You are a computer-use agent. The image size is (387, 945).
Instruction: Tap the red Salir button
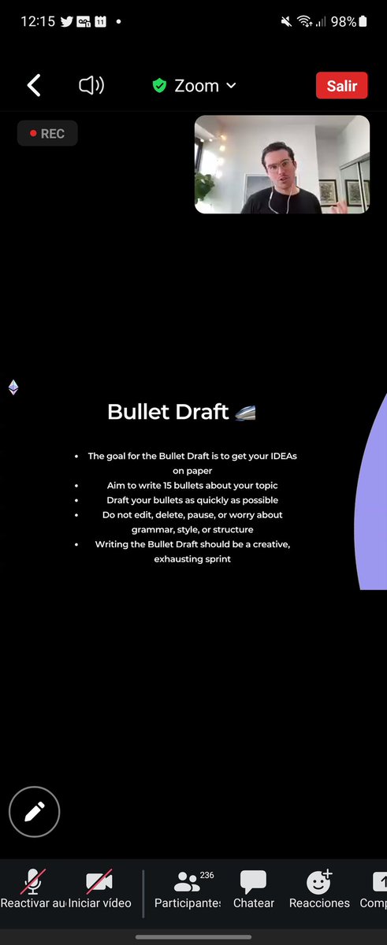[341, 86]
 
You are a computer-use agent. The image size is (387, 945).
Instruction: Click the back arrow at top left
[34, 86]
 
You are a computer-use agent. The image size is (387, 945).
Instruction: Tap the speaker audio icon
[91, 86]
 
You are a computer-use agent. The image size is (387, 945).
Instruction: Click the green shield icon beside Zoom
[159, 86]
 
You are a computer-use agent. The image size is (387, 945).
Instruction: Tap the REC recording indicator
[47, 134]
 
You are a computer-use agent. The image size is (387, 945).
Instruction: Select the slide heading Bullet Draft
[167, 411]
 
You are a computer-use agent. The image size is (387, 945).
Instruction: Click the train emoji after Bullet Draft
[245, 412]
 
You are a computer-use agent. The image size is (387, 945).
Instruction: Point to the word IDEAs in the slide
[279, 456]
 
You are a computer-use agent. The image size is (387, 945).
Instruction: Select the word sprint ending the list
[215, 559]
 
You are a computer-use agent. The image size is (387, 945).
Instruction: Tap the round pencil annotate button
[35, 811]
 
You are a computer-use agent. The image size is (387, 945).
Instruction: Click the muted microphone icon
[33, 881]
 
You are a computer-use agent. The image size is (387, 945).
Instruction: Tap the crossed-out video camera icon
[99, 881]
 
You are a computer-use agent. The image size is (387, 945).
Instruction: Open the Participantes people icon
[187, 881]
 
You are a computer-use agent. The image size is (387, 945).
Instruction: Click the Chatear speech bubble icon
[253, 881]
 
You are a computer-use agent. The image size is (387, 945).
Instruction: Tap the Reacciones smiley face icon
[318, 881]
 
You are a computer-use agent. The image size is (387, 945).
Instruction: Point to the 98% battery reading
[344, 22]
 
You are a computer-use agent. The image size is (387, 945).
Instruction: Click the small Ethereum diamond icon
[13, 387]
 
